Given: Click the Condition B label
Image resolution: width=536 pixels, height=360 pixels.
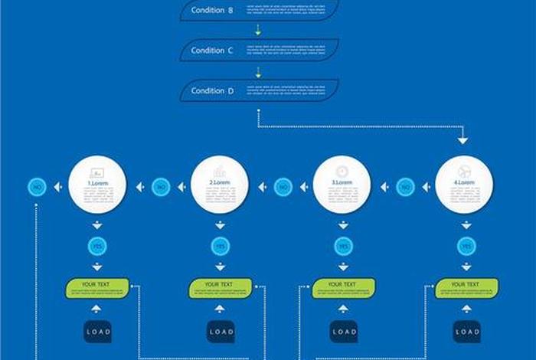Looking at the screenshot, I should [212, 10].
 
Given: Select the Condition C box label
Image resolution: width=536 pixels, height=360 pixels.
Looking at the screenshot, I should [212, 51].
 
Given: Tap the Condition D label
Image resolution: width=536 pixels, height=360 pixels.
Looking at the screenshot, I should [212, 90].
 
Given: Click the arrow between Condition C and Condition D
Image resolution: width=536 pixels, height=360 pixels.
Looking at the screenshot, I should [258, 72].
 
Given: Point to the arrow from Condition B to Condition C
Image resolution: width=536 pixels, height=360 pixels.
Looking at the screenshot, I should [258, 31].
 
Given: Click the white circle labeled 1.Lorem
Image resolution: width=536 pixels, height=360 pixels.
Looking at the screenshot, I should [97, 185].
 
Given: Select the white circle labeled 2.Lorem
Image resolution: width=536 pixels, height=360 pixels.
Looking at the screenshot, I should [220, 185].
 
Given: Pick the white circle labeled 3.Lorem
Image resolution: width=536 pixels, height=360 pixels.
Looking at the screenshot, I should [342, 185].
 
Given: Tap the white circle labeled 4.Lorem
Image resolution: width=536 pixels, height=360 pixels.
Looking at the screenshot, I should [465, 185].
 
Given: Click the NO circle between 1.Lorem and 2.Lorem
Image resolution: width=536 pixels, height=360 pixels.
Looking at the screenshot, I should [161, 186].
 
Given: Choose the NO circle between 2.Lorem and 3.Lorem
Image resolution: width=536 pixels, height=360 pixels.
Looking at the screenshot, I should [283, 186].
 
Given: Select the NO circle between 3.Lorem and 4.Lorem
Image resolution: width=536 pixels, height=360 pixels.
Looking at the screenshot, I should [406, 186].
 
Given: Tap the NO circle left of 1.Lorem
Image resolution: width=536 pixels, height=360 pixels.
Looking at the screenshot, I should [38, 186].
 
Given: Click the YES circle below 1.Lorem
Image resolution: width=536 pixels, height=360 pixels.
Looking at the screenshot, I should [97, 246].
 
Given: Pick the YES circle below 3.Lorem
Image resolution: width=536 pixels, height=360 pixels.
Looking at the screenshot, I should [343, 246].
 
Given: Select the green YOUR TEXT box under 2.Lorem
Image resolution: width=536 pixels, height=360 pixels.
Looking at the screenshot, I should [221, 288].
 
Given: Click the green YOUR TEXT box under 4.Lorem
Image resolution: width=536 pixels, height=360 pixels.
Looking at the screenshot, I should [466, 288].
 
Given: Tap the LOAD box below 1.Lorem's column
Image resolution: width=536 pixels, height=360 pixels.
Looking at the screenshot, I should [97, 332].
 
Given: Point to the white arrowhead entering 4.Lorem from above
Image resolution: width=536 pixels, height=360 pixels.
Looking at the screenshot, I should [462, 140].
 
